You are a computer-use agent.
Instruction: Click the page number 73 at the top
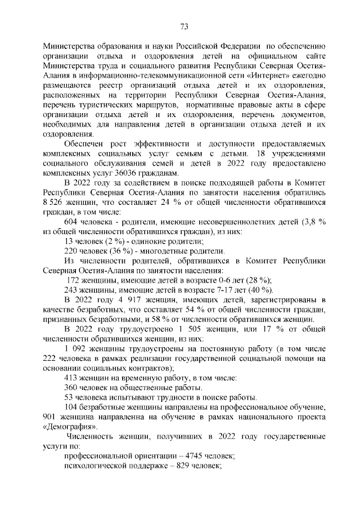(184, 26)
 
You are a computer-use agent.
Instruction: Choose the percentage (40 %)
(260, 290)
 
